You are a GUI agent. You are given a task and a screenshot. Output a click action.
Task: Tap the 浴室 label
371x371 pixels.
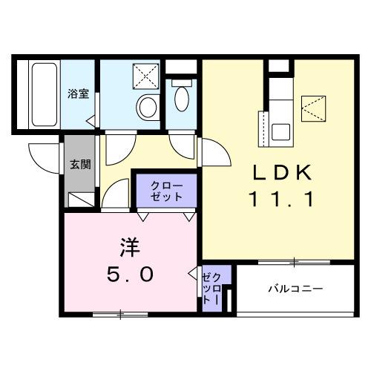[78, 93]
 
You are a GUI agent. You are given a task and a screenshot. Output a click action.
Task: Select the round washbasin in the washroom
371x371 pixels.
[146, 108]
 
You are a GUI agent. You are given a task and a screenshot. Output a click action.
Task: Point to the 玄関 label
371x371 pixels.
[80, 164]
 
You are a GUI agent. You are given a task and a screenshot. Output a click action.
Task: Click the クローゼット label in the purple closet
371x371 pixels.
[166, 191]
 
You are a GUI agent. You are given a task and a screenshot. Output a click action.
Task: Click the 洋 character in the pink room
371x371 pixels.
[124, 246]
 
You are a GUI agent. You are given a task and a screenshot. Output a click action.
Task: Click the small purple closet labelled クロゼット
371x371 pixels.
[211, 288]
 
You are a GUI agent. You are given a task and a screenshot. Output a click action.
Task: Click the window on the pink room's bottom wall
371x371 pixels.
[120, 315]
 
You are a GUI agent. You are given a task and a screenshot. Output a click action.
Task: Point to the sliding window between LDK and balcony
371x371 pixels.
[295, 261]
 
